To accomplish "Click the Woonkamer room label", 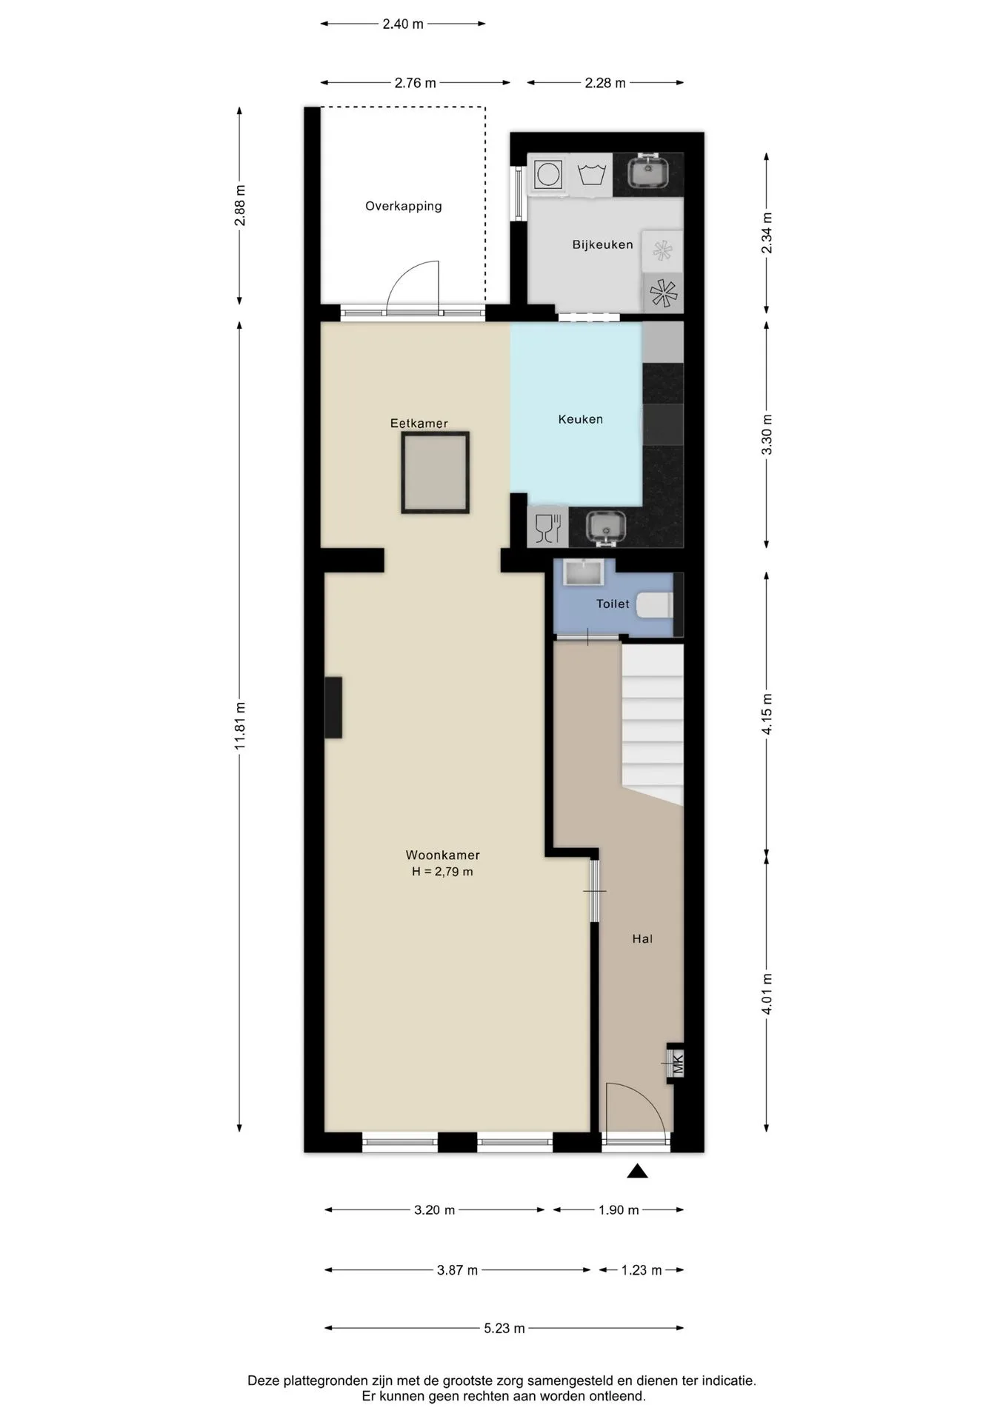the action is (x=442, y=855).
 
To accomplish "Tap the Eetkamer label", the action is (x=419, y=424).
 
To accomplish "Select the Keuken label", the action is (x=580, y=419).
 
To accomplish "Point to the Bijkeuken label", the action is (x=602, y=244).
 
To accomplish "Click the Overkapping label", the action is (x=404, y=206).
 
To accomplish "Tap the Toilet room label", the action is (x=613, y=604).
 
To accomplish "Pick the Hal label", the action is (x=642, y=938).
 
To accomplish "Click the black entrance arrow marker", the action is (x=637, y=1171).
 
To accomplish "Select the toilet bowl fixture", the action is (x=655, y=605).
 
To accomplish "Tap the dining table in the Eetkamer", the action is (x=436, y=473).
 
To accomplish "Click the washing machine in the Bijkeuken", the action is (x=548, y=175).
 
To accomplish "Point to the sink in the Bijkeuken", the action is (x=648, y=172).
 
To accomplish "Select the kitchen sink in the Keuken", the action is (x=606, y=527).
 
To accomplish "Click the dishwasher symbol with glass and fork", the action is (x=547, y=527).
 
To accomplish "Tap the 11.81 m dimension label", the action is (x=239, y=726).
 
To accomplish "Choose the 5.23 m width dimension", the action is (x=504, y=1328).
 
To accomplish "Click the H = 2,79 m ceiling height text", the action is (x=442, y=872).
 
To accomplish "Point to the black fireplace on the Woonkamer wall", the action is (x=333, y=707).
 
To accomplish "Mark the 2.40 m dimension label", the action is (x=403, y=24).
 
